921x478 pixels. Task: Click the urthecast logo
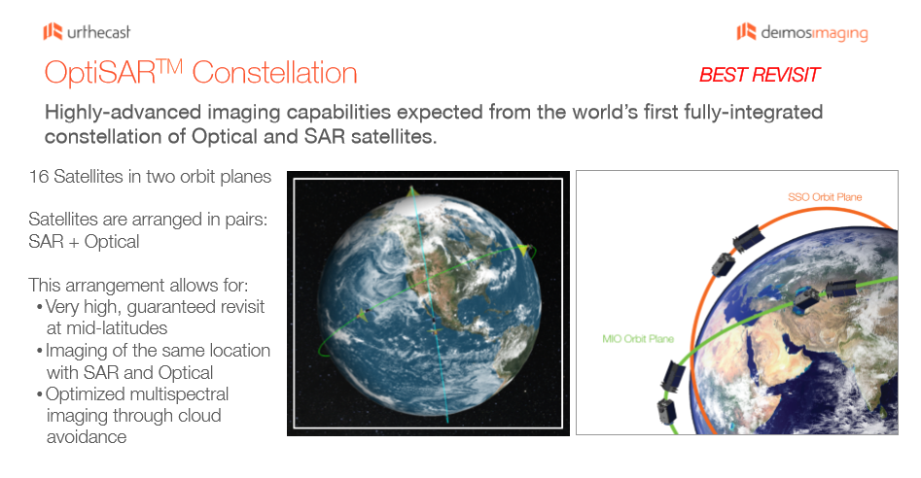(87, 32)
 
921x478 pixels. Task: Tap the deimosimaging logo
(802, 32)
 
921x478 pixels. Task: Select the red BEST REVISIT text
(760, 75)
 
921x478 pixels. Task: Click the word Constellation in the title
(274, 73)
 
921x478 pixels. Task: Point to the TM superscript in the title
(170, 66)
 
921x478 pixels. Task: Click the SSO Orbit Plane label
(825, 197)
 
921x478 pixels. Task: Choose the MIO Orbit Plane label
(638, 339)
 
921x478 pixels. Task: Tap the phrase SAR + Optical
(84, 242)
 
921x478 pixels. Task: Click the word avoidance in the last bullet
(87, 437)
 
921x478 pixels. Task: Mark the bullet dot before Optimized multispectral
(39, 394)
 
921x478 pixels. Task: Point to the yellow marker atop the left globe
(411, 190)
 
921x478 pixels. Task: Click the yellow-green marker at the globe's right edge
(522, 250)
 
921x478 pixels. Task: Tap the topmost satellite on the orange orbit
(748, 237)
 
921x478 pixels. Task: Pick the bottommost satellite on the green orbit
(665, 411)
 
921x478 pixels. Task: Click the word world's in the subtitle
(605, 112)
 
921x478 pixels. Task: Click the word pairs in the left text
(246, 220)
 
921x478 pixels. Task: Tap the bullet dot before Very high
(39, 307)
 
